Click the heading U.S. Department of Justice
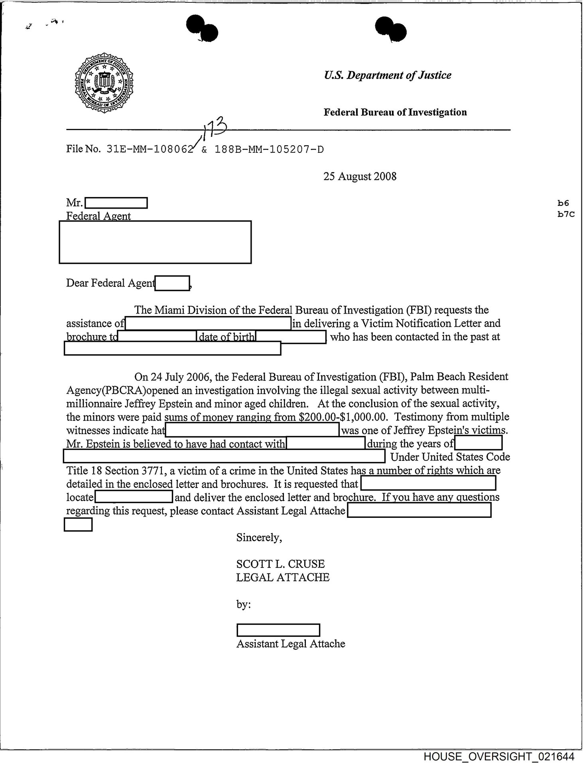point(387,75)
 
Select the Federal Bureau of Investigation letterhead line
point(395,112)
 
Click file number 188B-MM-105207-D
point(269,150)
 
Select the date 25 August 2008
point(360,176)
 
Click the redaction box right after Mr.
point(116,203)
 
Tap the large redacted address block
point(155,242)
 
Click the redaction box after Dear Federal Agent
point(172,283)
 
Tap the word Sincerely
point(259,537)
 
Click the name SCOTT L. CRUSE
point(280,564)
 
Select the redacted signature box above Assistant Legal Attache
point(278,630)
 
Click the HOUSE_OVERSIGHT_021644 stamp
point(499,757)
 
